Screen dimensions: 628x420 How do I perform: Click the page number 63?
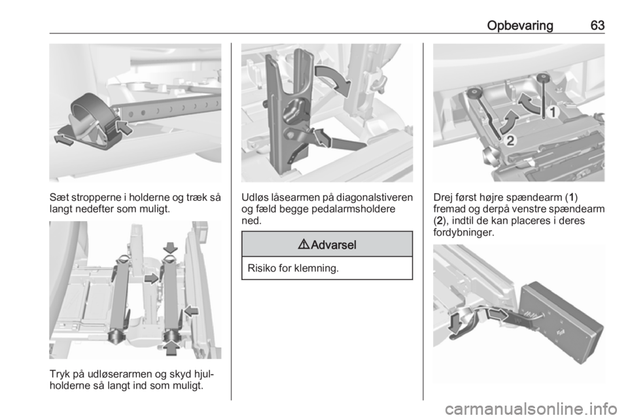597,26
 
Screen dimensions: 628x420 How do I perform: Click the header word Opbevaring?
520,26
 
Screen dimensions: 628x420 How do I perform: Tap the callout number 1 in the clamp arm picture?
553,113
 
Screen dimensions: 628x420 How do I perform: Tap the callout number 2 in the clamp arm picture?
510,141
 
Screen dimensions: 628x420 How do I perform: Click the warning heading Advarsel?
333,245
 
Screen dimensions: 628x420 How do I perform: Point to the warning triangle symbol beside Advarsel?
304,244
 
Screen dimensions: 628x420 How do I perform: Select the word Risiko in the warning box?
262,268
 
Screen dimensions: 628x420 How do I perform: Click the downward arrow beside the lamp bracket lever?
455,323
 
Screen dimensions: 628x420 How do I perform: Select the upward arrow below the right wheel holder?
171,347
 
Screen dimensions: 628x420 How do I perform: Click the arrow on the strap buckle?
124,128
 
